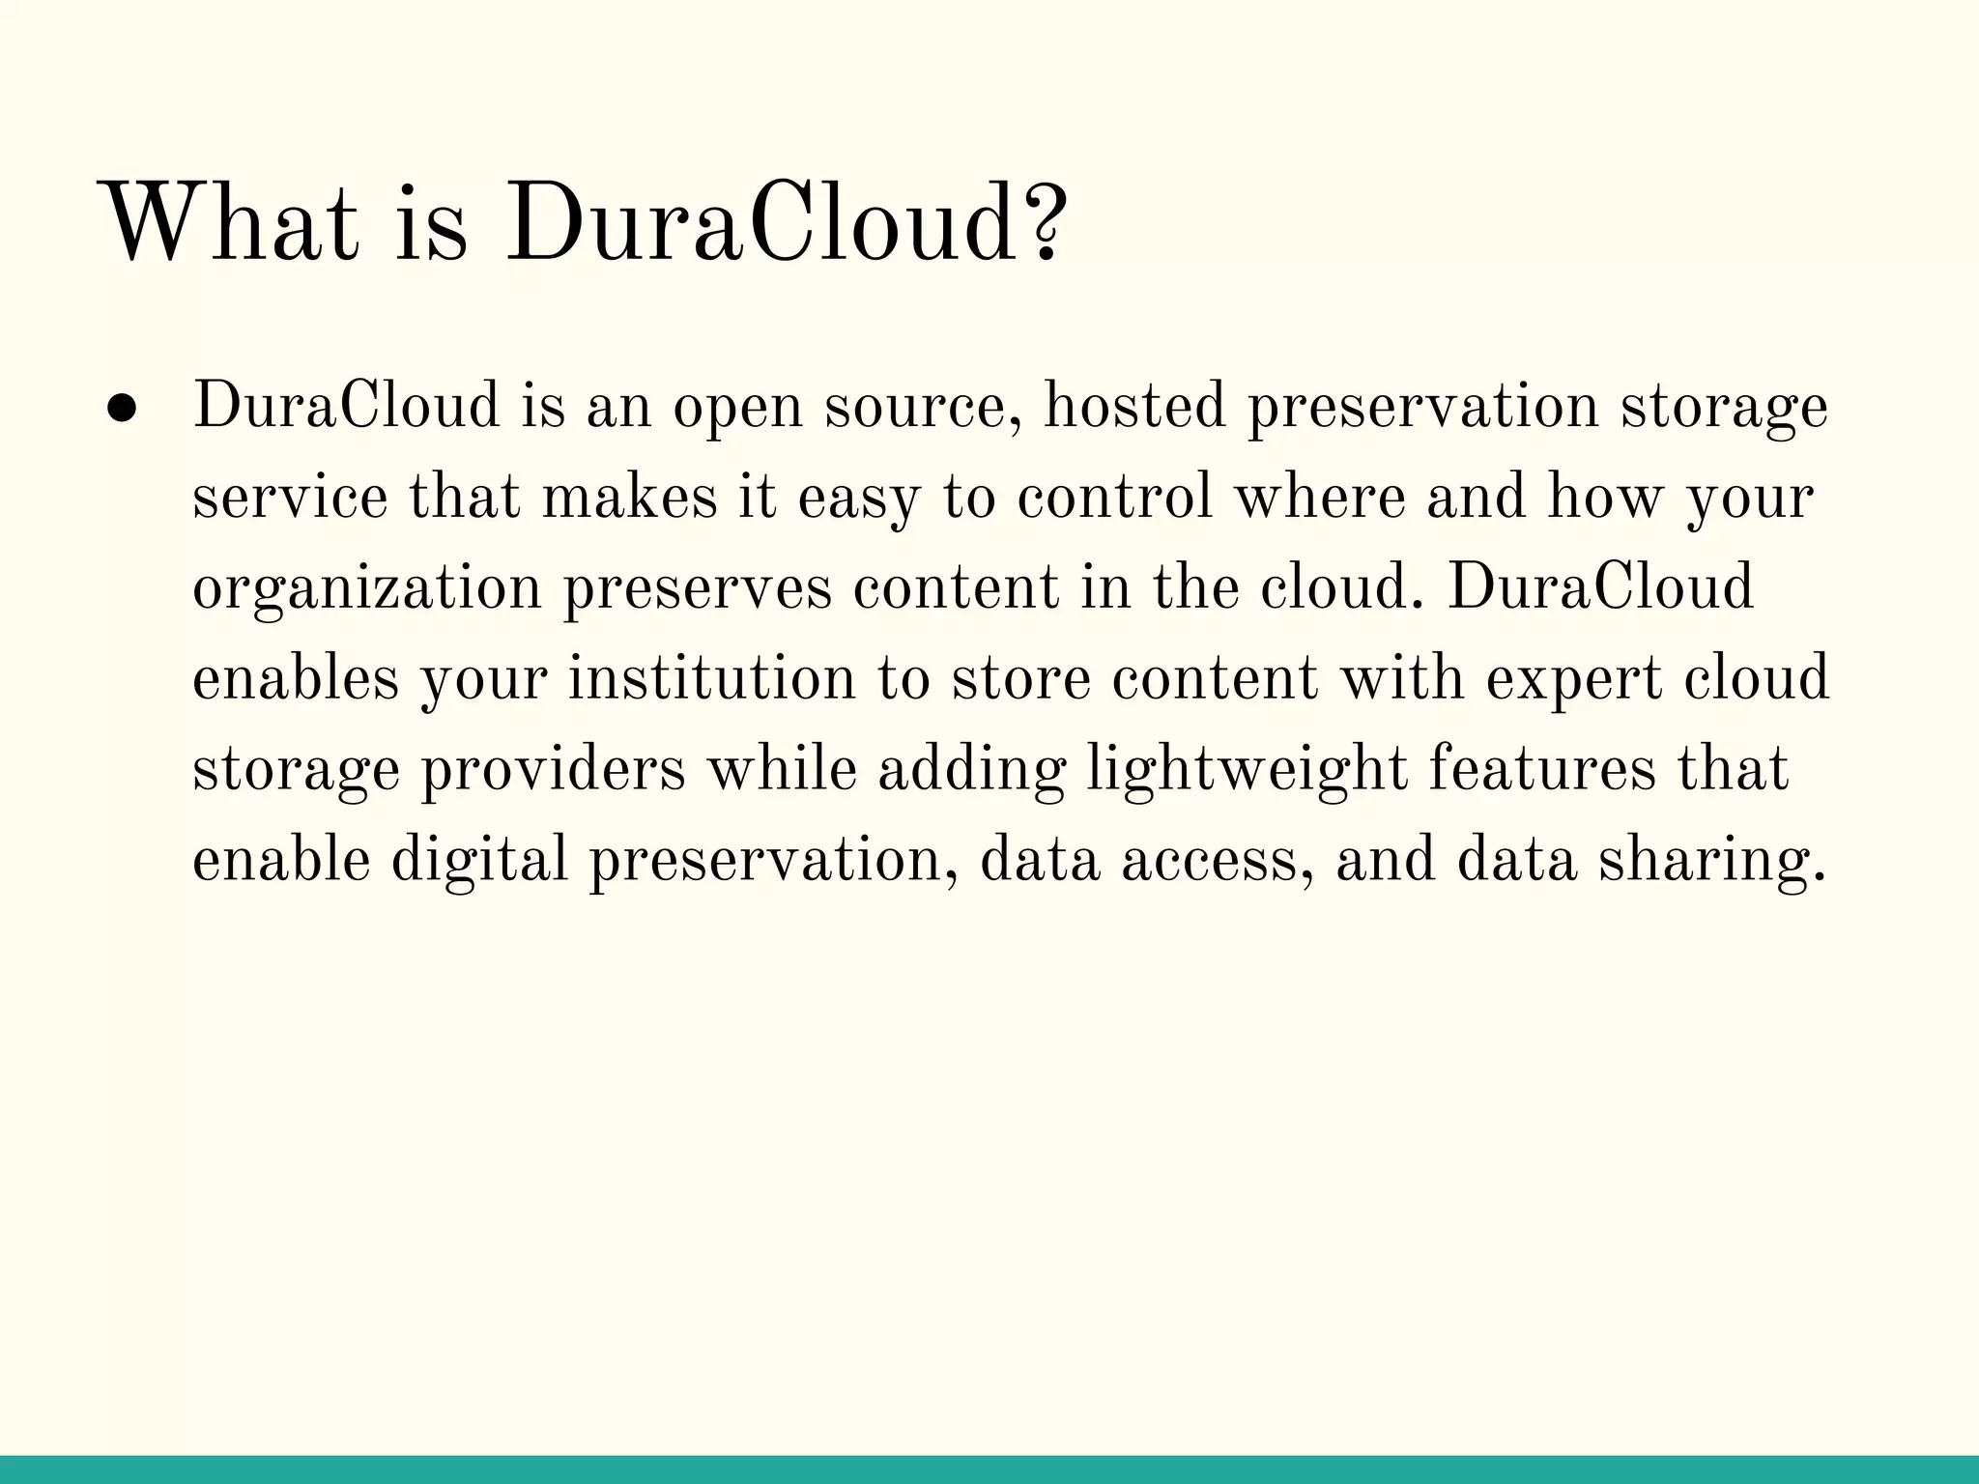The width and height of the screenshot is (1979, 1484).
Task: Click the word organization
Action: (367, 589)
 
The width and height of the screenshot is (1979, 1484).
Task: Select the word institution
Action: (711, 678)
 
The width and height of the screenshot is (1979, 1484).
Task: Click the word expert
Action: (1573, 680)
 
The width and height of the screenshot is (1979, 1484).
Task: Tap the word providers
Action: (554, 770)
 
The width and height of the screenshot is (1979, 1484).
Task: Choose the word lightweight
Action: (1247, 770)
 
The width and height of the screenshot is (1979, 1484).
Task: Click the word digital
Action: (479, 860)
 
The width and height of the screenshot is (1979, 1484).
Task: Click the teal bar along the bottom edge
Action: (989, 1469)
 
